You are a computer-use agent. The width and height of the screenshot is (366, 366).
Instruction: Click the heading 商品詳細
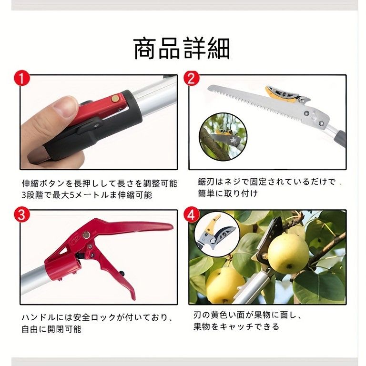182,49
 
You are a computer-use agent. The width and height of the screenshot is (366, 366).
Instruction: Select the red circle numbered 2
191,78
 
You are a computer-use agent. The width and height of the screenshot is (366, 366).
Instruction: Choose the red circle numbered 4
191,214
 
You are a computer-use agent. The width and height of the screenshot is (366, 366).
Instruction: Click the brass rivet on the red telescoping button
114,99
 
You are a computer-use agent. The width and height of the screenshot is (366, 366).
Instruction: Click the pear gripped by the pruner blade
288,253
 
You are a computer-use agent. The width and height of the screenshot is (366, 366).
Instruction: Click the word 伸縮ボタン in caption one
43,183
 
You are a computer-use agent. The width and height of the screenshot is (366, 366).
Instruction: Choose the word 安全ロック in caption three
93,316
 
